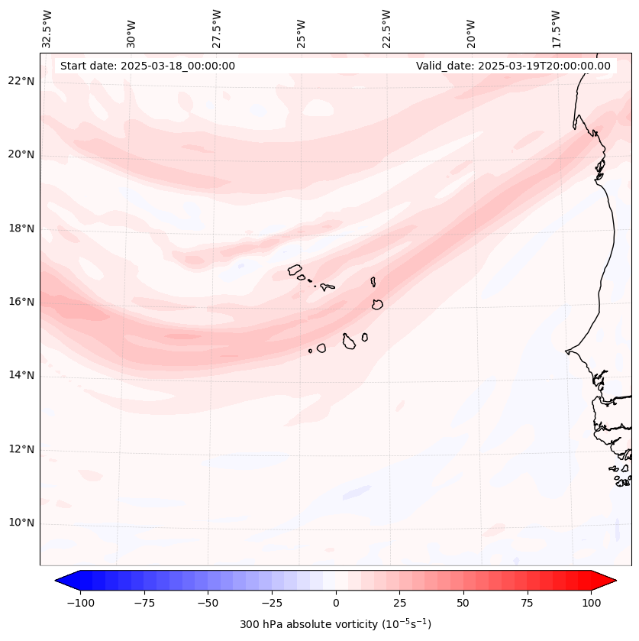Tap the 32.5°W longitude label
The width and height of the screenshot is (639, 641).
(x=47, y=29)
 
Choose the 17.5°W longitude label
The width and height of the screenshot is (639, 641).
(x=557, y=29)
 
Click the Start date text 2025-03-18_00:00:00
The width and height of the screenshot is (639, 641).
(x=147, y=66)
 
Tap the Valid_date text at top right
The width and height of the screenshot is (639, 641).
(x=513, y=66)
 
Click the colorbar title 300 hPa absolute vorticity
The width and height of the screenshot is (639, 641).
(x=336, y=624)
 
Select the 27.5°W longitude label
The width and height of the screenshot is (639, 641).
(x=217, y=29)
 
